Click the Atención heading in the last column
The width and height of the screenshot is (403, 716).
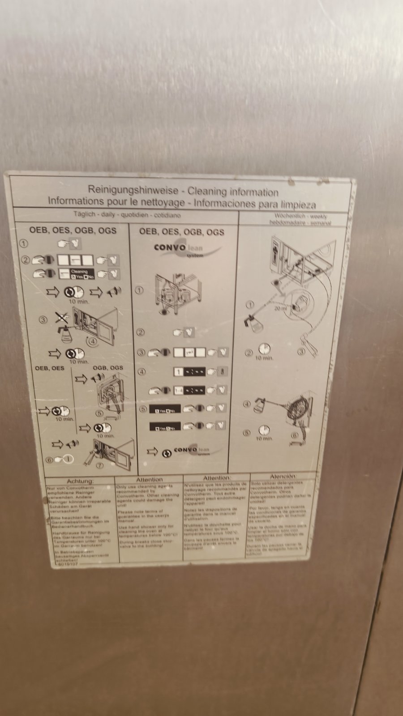click(x=283, y=477)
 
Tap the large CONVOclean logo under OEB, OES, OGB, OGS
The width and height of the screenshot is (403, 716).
click(x=184, y=249)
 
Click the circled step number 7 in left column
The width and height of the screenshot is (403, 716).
click(x=100, y=465)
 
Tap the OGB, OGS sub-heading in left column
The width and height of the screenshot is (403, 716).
click(x=107, y=368)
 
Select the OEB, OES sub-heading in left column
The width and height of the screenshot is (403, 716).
click(x=49, y=368)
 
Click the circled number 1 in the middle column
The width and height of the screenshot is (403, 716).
click(x=140, y=290)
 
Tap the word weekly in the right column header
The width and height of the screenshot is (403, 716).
click(x=319, y=217)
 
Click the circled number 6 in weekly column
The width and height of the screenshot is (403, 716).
click(x=294, y=435)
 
